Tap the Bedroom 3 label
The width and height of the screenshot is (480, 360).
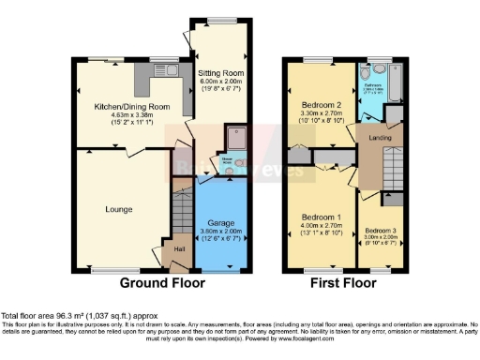tap(382, 231)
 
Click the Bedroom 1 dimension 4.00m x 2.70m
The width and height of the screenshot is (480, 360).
tap(320, 226)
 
